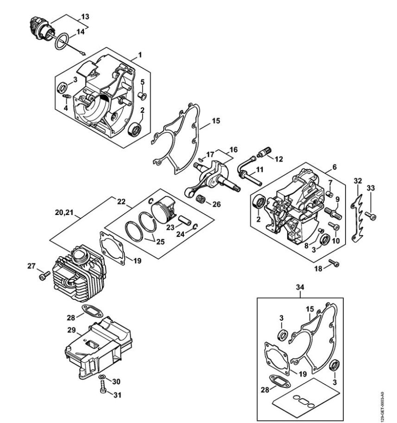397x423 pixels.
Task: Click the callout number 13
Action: (x=85, y=17)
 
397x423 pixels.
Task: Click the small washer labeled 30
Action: (x=102, y=377)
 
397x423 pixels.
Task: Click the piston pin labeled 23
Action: (x=184, y=220)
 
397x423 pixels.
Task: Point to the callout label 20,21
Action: (x=64, y=213)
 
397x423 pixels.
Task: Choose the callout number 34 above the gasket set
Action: (x=300, y=288)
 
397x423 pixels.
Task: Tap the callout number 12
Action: (x=278, y=159)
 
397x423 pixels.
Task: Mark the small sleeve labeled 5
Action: (x=142, y=96)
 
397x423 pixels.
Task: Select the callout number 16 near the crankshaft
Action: (x=233, y=149)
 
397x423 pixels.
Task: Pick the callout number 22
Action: (x=121, y=202)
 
